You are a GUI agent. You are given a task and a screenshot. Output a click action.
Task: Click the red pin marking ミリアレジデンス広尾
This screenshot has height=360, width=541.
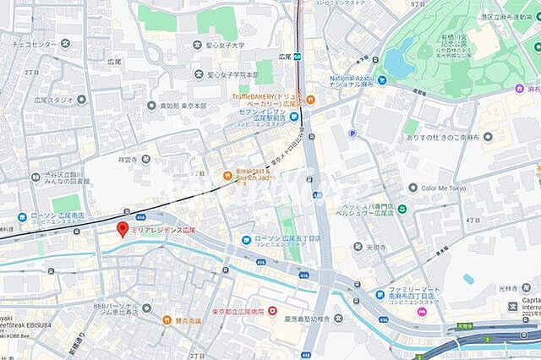click(122, 229)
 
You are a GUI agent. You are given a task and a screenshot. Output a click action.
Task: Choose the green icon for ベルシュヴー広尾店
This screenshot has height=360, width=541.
click(403, 208)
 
